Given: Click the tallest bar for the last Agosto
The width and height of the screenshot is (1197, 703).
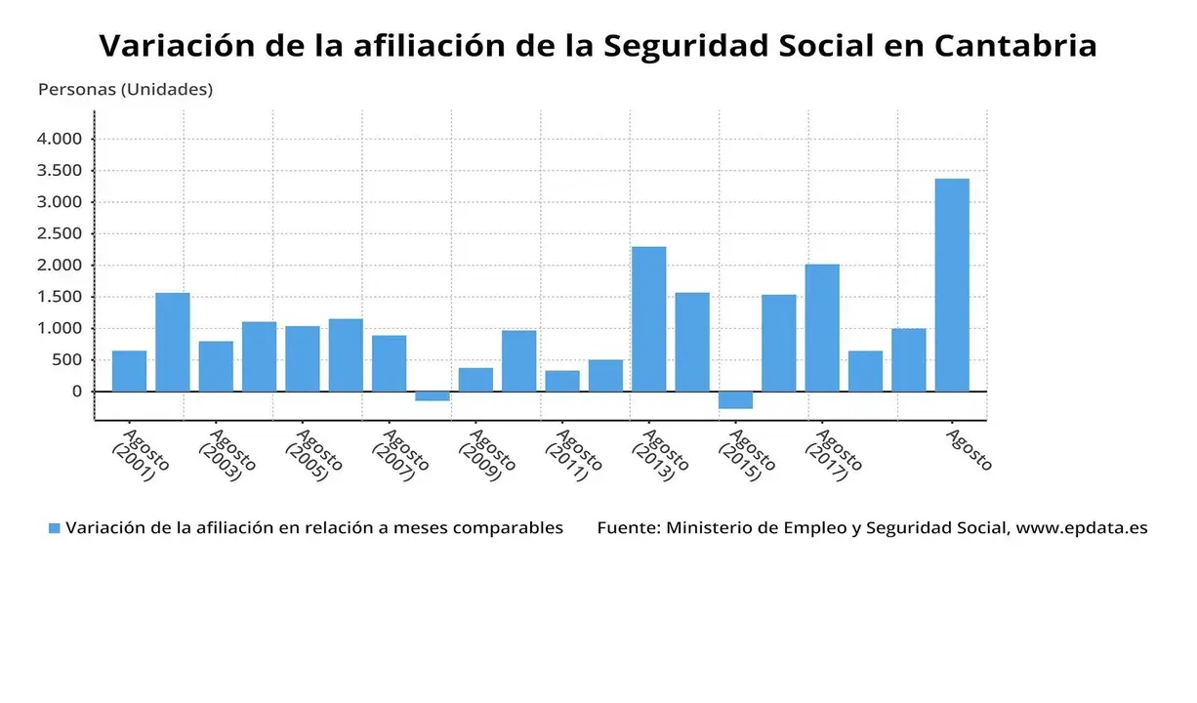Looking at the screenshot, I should click(x=952, y=285).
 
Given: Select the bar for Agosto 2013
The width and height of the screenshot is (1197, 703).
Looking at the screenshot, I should click(x=648, y=319).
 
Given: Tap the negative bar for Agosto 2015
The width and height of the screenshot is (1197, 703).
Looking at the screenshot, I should click(x=735, y=400).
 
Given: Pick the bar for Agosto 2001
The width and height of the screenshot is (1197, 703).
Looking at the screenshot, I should click(x=129, y=371).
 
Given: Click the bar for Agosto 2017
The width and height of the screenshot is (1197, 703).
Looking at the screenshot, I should click(x=822, y=328).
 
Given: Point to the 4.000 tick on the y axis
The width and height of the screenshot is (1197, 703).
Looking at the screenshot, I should click(x=60, y=139).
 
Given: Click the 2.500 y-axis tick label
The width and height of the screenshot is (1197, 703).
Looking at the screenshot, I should click(x=60, y=233).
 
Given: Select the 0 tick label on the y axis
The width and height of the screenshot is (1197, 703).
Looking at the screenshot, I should click(x=76, y=392).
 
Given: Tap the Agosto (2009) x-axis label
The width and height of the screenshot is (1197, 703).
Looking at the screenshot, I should click(x=484, y=454).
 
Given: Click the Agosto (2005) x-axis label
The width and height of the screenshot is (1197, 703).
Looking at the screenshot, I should click(x=311, y=454).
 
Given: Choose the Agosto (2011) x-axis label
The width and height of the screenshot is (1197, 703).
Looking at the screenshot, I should click(x=571, y=454).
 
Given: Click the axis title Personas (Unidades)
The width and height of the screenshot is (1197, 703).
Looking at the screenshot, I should click(x=125, y=89).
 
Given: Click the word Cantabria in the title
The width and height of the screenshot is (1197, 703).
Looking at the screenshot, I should click(x=1015, y=45).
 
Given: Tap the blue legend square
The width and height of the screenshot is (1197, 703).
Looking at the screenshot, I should click(x=55, y=528).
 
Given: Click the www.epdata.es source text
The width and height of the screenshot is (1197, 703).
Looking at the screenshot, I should click(x=1082, y=528).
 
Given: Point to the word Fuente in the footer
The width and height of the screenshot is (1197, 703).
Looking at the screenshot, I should click(x=625, y=528).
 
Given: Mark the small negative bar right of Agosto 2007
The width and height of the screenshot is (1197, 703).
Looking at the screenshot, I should click(x=432, y=396).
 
